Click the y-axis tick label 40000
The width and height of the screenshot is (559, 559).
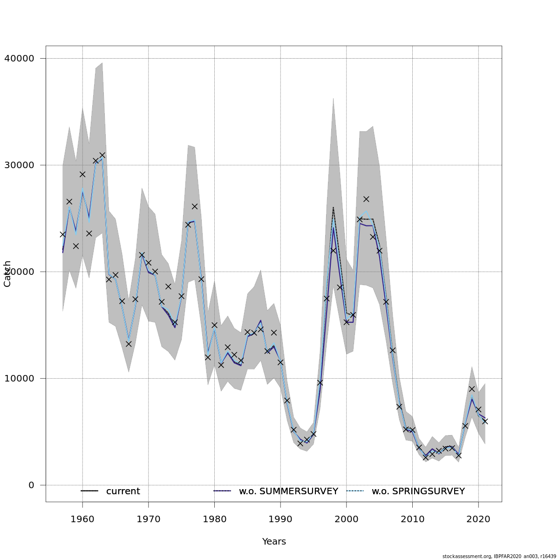[19, 58]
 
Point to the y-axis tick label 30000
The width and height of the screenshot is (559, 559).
[19, 165]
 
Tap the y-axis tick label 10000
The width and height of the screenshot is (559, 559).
[19, 378]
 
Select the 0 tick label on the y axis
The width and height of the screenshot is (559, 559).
[31, 485]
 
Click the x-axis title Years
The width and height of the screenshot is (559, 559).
[274, 541]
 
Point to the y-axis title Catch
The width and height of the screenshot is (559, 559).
[7, 273]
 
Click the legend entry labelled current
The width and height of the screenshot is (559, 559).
[123, 491]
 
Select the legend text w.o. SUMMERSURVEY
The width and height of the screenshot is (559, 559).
[288, 491]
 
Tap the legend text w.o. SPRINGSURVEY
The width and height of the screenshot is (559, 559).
[418, 491]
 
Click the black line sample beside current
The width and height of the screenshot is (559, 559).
[89, 491]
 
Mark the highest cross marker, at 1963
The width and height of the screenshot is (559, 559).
[102, 155]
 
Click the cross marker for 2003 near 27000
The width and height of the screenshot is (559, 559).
[366, 199]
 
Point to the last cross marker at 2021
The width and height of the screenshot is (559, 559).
[485, 421]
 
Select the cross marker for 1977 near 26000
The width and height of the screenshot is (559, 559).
[194, 206]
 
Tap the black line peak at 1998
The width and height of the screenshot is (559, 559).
[333, 207]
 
